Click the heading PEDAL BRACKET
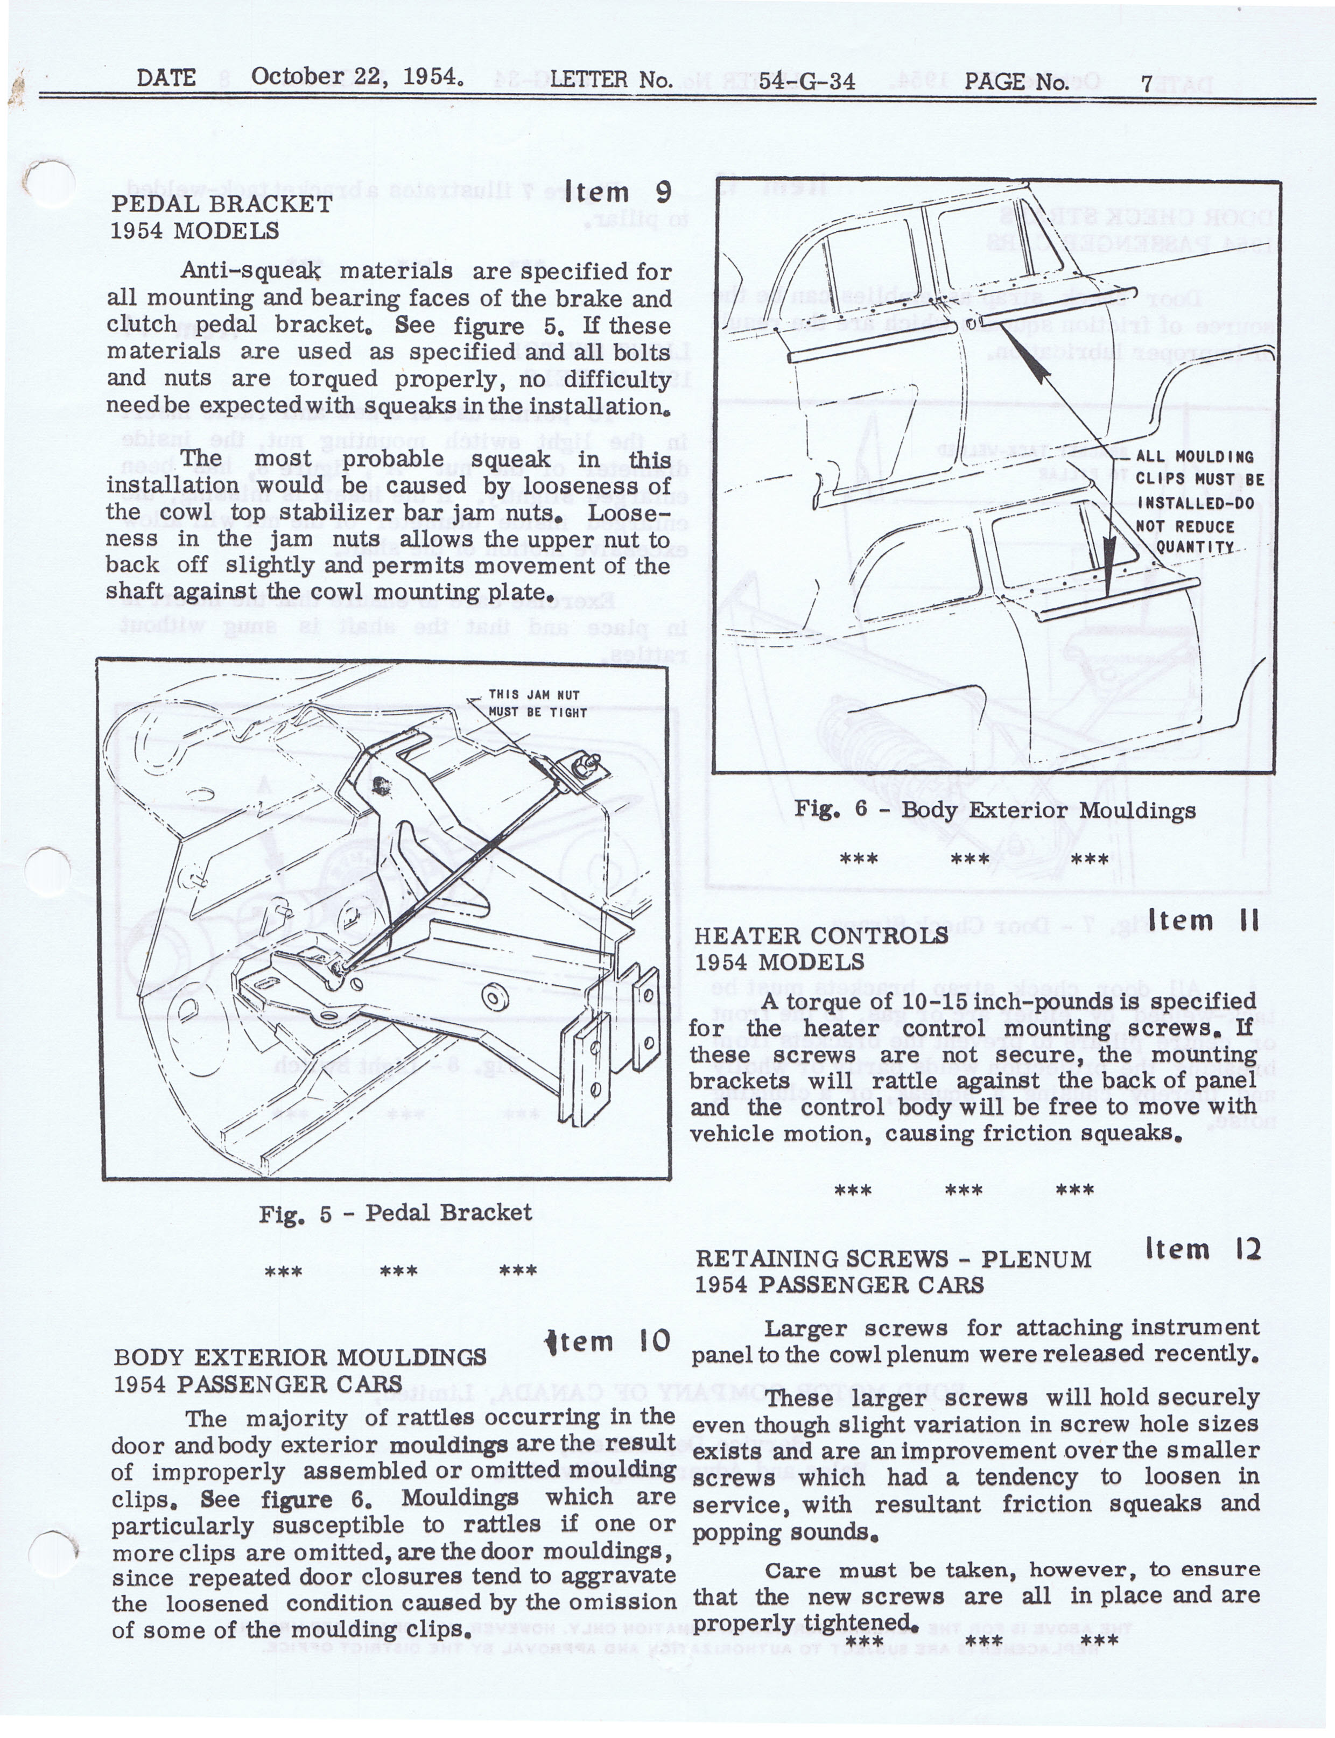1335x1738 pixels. coord(222,204)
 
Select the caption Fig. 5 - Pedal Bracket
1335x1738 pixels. coord(395,1212)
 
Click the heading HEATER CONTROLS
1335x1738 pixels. coord(821,935)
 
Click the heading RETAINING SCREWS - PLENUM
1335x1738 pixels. coord(893,1259)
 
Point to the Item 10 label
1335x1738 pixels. coord(608,1342)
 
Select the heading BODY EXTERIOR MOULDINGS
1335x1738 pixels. coord(300,1357)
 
